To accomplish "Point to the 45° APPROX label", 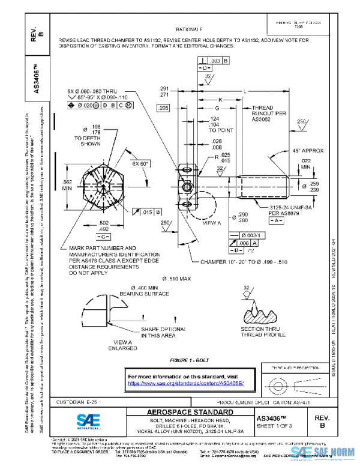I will pos(309,150).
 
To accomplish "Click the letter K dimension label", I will pos(220,99).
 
